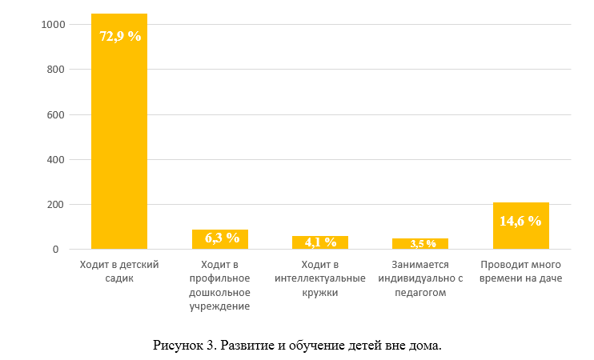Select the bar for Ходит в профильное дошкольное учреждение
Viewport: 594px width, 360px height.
click(x=220, y=240)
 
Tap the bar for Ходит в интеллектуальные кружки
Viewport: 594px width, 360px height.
click(x=319, y=243)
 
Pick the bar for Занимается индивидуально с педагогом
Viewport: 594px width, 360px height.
click(x=420, y=244)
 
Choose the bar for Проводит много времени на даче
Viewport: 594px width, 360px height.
click(x=520, y=226)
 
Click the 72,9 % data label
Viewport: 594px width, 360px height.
click(x=119, y=36)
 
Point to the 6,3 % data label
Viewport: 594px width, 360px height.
click(x=222, y=238)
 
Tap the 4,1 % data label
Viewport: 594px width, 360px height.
click(x=320, y=242)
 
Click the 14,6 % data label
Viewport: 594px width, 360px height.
click(x=520, y=221)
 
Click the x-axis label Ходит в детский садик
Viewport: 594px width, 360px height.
click(x=119, y=271)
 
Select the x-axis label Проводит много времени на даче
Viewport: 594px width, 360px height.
click(x=520, y=271)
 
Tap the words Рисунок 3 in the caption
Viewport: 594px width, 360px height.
click(x=184, y=346)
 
